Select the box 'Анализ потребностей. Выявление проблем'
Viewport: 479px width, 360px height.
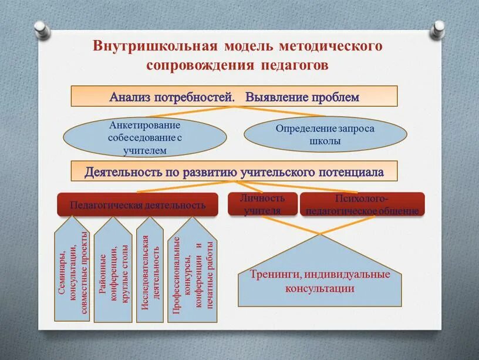234,96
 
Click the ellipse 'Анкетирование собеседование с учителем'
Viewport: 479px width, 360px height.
144,137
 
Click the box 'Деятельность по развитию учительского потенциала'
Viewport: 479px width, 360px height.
234,172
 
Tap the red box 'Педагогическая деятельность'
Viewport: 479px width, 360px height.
137,204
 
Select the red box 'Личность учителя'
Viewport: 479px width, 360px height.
262,204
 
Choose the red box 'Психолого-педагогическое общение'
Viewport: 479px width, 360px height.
362,204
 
